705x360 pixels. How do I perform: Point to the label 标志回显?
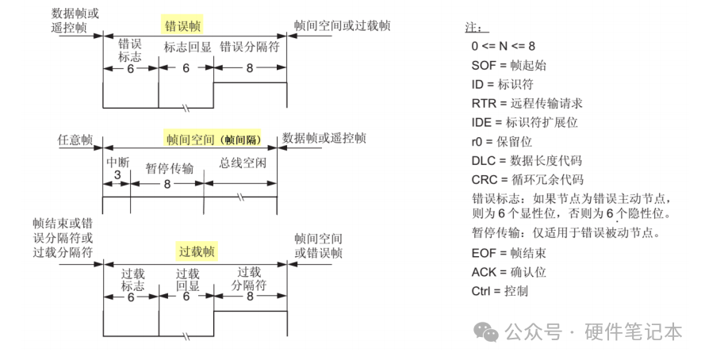(x=187, y=47)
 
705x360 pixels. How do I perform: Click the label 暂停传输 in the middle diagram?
(x=169, y=168)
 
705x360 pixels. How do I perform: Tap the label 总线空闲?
(x=243, y=163)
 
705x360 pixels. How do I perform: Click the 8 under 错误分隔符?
(x=249, y=69)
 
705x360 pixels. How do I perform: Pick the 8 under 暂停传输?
(x=167, y=183)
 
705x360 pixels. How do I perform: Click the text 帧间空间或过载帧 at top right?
(x=342, y=25)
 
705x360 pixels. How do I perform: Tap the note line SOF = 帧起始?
(x=508, y=65)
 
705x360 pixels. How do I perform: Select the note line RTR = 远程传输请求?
(x=527, y=103)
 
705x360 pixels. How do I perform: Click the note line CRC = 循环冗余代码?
(x=527, y=179)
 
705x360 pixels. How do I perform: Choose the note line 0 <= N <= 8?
(x=503, y=46)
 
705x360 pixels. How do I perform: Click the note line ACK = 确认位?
(x=508, y=272)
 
